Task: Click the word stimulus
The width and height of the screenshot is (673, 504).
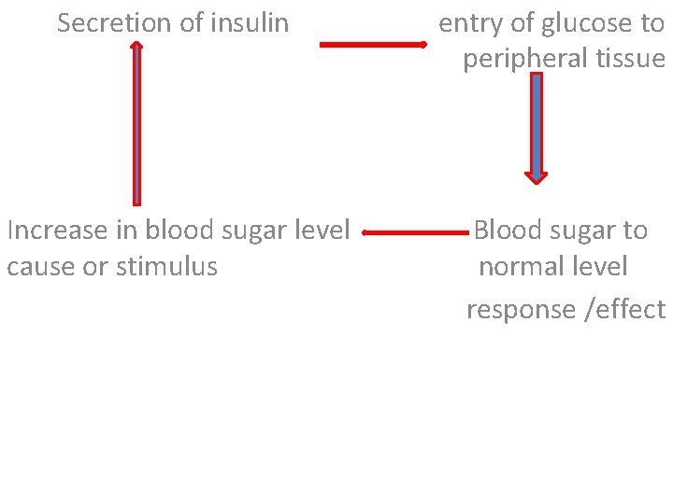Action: point(167,267)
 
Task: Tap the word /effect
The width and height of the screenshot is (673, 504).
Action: point(624,310)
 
